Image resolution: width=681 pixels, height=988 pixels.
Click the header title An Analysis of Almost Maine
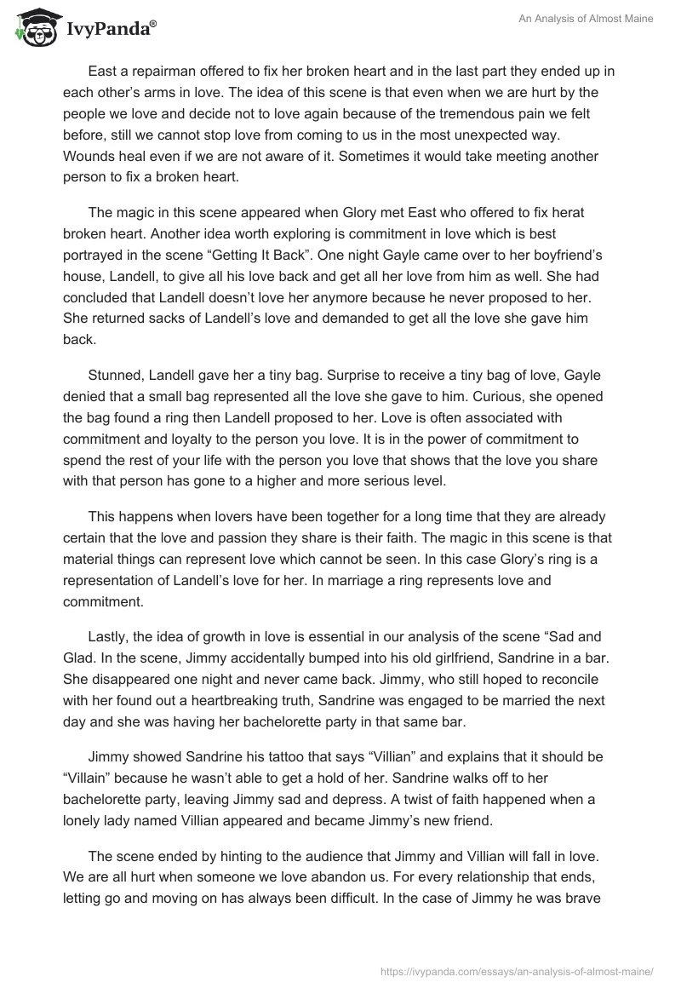(x=587, y=19)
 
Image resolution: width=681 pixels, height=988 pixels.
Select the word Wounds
(x=89, y=156)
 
